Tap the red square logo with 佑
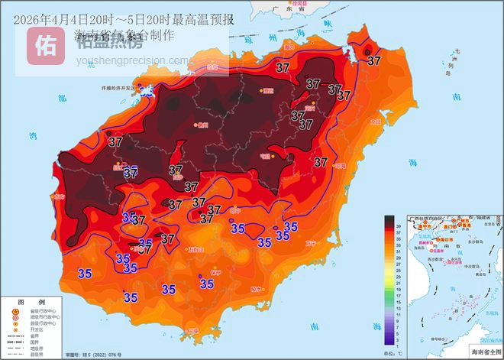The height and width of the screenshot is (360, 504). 47,46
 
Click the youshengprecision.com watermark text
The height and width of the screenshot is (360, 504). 133,60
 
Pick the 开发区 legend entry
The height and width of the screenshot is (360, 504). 39,329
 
